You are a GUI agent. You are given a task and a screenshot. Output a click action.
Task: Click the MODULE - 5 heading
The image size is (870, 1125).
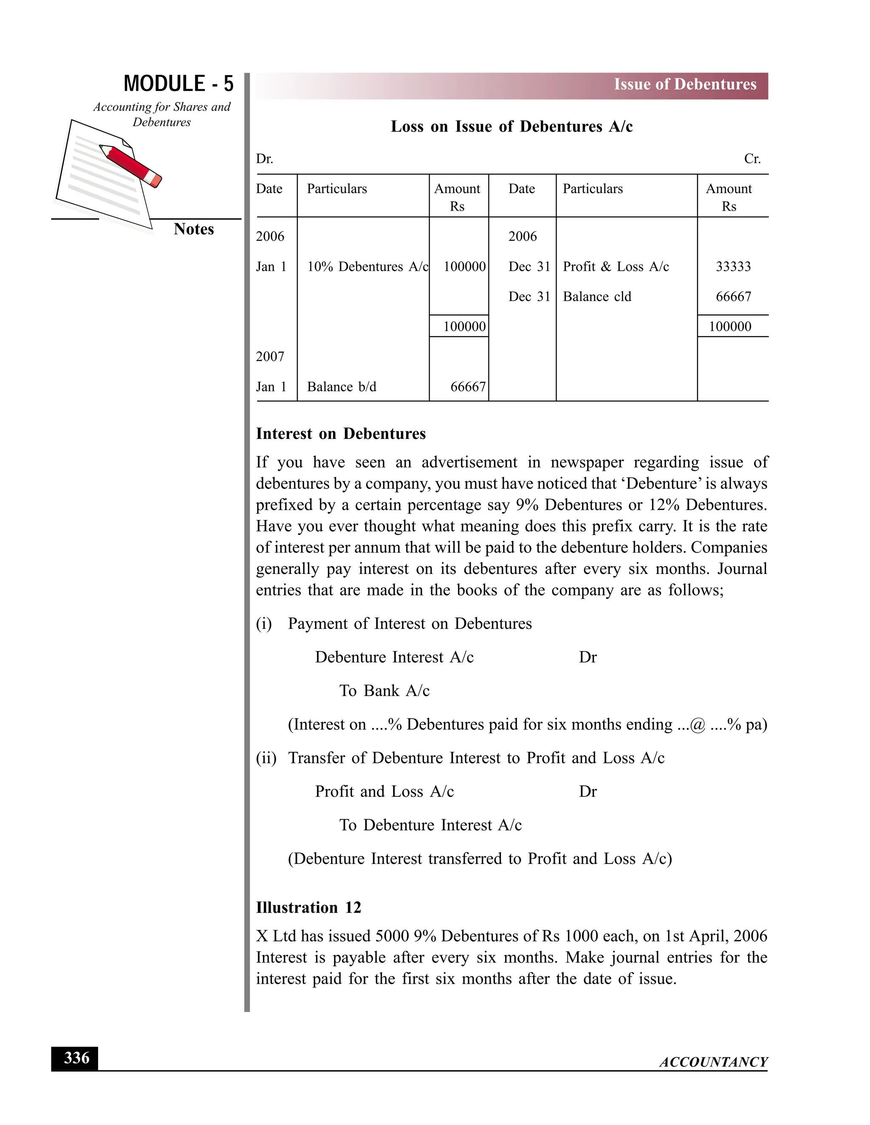[178, 84]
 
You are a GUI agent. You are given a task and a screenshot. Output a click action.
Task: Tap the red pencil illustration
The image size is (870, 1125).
[131, 165]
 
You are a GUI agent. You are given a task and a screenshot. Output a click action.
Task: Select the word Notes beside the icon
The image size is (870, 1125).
[193, 229]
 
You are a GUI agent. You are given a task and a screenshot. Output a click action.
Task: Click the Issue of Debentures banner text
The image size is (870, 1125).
[684, 84]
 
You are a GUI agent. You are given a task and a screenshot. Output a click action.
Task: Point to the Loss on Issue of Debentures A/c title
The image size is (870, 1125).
[511, 127]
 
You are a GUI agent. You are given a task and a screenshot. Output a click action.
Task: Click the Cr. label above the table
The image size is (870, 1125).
[752, 159]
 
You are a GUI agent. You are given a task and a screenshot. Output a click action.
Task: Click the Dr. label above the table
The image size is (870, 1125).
[264, 159]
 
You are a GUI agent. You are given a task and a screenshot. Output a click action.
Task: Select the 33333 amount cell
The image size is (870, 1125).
[733, 267]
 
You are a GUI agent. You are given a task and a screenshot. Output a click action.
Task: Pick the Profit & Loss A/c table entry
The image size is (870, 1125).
[616, 267]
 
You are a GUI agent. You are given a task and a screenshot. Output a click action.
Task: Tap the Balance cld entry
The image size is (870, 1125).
[596, 297]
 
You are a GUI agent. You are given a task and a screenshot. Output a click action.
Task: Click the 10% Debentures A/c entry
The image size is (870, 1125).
[367, 267]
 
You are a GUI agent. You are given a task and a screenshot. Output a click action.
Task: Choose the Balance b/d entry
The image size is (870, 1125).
[341, 387]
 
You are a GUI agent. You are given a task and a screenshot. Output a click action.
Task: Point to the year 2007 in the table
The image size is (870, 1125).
[270, 357]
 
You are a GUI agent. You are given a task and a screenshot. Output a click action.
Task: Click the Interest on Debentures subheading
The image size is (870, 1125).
[341, 434]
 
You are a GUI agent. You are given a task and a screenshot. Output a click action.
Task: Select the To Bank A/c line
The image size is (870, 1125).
[384, 691]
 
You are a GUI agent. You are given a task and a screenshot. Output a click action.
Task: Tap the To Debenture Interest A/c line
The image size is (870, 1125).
[430, 825]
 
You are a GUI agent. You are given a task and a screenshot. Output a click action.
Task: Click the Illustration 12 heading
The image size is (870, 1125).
[308, 907]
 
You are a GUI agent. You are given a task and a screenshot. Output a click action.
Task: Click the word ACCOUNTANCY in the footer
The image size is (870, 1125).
[713, 1062]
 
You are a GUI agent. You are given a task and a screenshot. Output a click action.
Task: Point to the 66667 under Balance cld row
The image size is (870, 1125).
[733, 297]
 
